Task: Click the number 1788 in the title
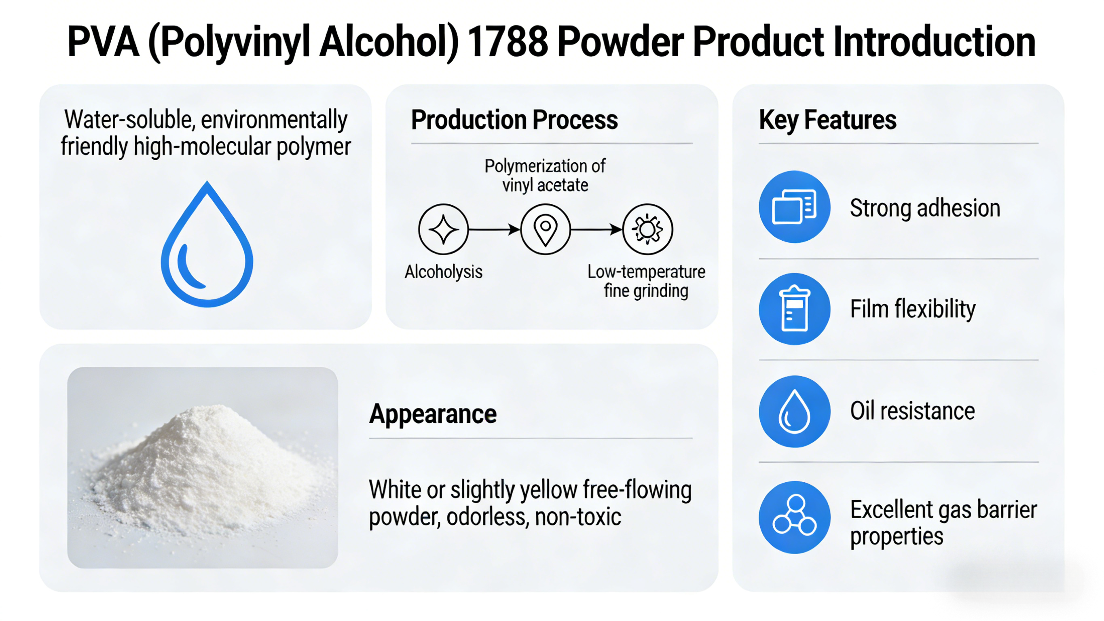tap(508, 42)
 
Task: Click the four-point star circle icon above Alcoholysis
tap(443, 229)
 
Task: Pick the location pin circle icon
tap(545, 229)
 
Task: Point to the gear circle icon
tap(647, 229)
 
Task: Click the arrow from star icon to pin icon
tap(494, 229)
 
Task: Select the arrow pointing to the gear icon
tap(596, 229)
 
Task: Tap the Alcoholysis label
tap(444, 272)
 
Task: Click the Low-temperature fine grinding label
tap(646, 281)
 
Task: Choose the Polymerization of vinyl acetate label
tap(545, 176)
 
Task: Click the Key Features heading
tap(827, 120)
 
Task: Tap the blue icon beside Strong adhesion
tap(795, 207)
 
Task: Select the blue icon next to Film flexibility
tap(795, 309)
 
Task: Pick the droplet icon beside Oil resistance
tap(795, 411)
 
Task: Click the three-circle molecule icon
tap(795, 517)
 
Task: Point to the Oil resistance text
tap(912, 411)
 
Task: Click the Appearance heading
tap(433, 414)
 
